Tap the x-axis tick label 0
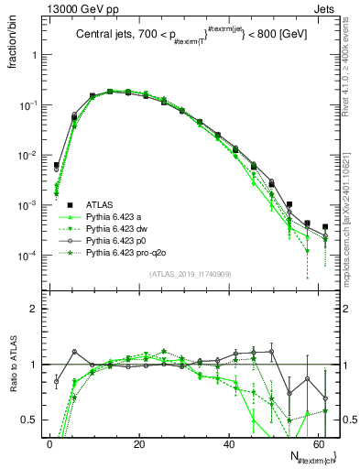point(49,442)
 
